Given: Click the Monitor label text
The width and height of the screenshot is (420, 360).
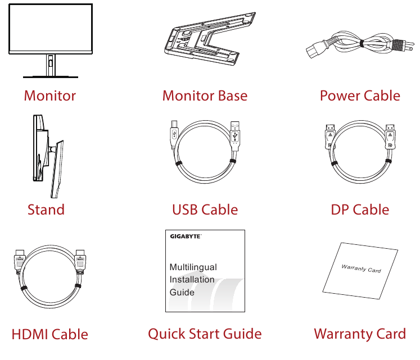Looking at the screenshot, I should coord(49,95).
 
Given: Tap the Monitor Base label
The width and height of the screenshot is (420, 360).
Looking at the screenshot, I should coord(205,95).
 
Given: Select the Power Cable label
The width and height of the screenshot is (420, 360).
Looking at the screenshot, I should coord(360,95).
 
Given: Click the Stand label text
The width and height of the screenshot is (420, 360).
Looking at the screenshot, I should coord(46,210).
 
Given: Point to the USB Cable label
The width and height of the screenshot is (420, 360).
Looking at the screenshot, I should coord(205,210).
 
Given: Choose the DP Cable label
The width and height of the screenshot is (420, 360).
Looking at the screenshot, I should coord(360,210).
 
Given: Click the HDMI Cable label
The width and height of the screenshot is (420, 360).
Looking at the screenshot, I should coord(49,335).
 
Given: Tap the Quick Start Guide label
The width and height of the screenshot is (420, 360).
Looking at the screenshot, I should coord(205,334).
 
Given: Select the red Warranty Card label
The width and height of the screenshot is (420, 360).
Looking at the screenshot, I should coord(360,334).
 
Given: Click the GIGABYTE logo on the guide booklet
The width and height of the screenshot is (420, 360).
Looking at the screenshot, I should coord(186,236).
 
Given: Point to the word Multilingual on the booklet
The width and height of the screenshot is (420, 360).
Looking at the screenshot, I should coord(193,267).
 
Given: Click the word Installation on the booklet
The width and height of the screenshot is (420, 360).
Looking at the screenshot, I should coord(192,280).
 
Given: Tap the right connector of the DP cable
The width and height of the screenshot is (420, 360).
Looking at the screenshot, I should coord(389,137).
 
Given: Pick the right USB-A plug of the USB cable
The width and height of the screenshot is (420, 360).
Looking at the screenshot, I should coord(236,135).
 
